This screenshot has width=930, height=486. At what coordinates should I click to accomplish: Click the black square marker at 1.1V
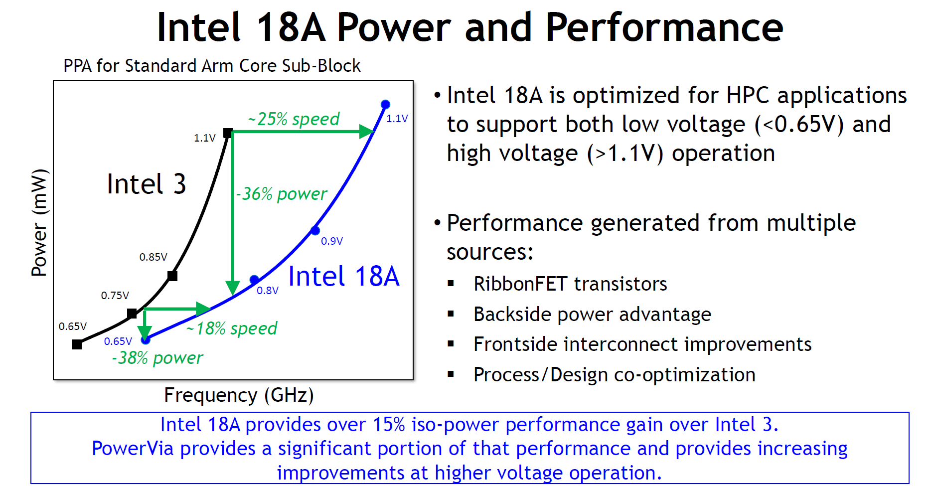[x=228, y=133]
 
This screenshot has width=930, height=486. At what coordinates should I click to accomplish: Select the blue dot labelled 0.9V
[x=315, y=230]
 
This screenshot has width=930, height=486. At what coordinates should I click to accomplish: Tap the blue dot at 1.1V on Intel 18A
[x=385, y=104]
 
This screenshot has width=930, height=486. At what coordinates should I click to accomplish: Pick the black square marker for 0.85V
[x=172, y=276]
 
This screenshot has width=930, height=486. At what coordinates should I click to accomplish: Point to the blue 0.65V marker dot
[x=146, y=340]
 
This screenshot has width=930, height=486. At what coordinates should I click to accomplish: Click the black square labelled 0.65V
[x=77, y=344]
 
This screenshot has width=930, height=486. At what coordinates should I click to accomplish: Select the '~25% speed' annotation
[x=294, y=119]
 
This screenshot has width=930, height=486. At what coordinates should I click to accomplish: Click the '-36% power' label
[x=282, y=193]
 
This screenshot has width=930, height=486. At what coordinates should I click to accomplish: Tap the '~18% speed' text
[x=232, y=328]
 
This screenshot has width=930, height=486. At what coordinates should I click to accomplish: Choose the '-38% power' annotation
[x=157, y=358]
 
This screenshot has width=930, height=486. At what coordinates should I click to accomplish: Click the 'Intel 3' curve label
[x=147, y=184]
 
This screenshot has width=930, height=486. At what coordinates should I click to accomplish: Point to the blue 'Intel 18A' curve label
[x=344, y=276]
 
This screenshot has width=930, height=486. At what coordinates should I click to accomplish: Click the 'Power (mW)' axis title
[x=39, y=223]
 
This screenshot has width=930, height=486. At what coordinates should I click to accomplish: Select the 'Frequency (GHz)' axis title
[x=239, y=395]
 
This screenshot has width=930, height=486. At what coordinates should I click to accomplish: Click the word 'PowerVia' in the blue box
[x=133, y=449]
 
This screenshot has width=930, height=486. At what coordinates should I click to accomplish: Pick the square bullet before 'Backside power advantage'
[x=451, y=314]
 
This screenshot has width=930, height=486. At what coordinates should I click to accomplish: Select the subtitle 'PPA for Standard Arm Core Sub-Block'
[x=212, y=66]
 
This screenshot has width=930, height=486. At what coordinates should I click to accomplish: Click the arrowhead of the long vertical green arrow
[x=233, y=288]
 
